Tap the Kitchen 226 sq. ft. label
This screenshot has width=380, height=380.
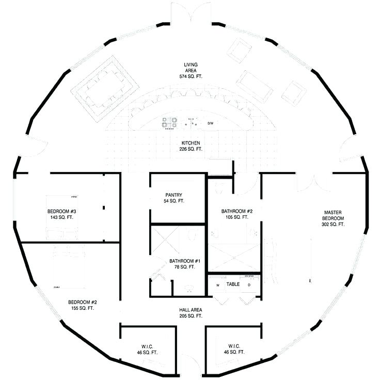point(191,146)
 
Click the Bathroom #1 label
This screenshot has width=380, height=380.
point(182,264)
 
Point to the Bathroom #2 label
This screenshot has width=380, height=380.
point(236,214)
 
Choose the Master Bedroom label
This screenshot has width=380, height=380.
point(332,218)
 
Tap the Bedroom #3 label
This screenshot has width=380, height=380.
point(62,214)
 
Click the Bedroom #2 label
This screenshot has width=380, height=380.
point(83,305)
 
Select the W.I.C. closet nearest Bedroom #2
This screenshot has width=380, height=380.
point(147,349)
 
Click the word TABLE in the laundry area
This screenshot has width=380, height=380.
point(233,284)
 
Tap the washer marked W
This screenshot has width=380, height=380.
point(217,284)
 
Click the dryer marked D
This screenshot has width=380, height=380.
point(249,284)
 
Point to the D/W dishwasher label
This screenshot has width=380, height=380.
point(211,124)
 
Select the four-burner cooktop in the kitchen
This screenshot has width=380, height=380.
point(169,123)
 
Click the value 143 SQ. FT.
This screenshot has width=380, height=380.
point(62,217)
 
